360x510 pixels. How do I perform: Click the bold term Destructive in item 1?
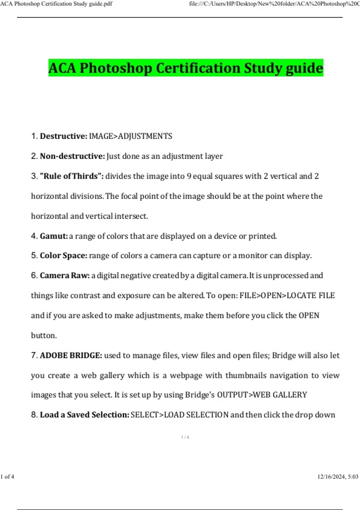[63, 136]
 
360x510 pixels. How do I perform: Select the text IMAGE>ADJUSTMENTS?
[130, 136]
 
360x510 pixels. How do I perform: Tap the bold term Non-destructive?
[72, 156]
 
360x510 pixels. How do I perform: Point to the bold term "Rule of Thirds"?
[71, 176]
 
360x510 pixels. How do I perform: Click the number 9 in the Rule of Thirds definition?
[189, 176]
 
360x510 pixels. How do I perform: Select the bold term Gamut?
[54, 236]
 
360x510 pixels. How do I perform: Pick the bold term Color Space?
[63, 256]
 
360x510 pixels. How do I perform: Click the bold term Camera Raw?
[64, 275]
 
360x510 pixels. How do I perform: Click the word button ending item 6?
[44, 335]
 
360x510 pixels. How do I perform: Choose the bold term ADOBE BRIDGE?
[71, 355]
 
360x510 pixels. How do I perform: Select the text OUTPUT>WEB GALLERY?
[262, 395]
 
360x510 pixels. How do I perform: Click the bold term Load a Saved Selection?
[84, 415]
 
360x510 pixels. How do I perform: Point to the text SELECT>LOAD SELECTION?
[179, 415]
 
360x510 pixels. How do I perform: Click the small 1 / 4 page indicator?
[185, 437]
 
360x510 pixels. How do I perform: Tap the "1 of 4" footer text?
[7, 476]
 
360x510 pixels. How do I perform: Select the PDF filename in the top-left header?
[56, 4]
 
